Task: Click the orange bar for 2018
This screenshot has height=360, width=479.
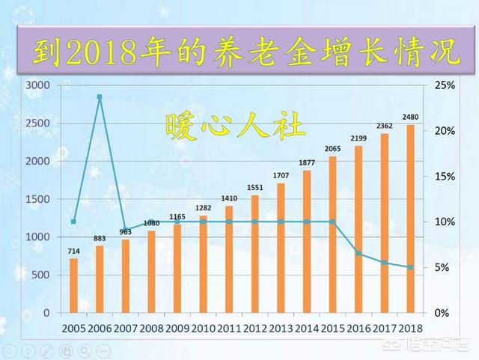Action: tap(410, 219)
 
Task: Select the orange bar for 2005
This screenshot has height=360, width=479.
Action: tap(73, 285)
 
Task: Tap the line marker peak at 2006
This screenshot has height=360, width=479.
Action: tap(100, 97)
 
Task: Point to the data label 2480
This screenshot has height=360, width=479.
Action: tap(409, 118)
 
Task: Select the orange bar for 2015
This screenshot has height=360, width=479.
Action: tap(332, 234)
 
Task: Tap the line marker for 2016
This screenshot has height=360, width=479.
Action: tap(359, 254)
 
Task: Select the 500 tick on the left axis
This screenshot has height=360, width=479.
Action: tap(40, 275)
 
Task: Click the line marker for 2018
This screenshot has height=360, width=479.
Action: tap(410, 267)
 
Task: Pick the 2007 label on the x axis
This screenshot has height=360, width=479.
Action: tap(125, 328)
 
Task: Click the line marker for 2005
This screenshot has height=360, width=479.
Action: tap(73, 222)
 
